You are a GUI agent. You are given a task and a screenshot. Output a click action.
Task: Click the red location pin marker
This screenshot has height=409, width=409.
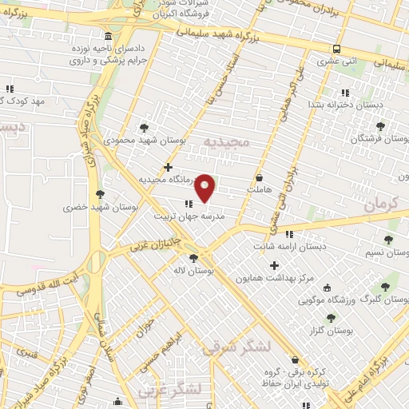pyautogui.click(x=205, y=188)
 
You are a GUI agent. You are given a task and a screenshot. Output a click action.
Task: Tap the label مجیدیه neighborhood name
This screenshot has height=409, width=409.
pyautogui.click(x=227, y=141)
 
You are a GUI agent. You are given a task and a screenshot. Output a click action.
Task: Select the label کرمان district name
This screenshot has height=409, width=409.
pyautogui.click(x=381, y=205)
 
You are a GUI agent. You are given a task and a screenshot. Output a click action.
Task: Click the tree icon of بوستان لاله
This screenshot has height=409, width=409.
pyautogui.click(x=193, y=258)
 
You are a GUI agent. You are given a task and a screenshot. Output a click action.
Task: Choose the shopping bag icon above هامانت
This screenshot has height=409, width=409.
pyautogui.click(x=260, y=177)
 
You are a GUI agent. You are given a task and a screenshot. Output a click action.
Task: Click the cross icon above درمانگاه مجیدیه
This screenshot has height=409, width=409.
pyautogui.click(x=168, y=167)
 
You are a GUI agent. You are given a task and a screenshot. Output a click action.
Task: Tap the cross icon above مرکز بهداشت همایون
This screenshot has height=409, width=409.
pyautogui.click(x=276, y=265)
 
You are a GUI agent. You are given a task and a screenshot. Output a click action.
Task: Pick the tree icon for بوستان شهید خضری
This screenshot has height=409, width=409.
pyautogui.click(x=100, y=193)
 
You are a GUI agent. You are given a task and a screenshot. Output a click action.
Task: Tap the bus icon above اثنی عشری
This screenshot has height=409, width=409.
pyautogui.click(x=336, y=47)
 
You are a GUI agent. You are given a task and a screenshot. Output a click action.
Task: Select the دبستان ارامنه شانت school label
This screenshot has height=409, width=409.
pyautogui.click(x=290, y=246)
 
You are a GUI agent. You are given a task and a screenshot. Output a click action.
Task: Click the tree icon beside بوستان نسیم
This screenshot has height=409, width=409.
pyautogui.click(x=388, y=240)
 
